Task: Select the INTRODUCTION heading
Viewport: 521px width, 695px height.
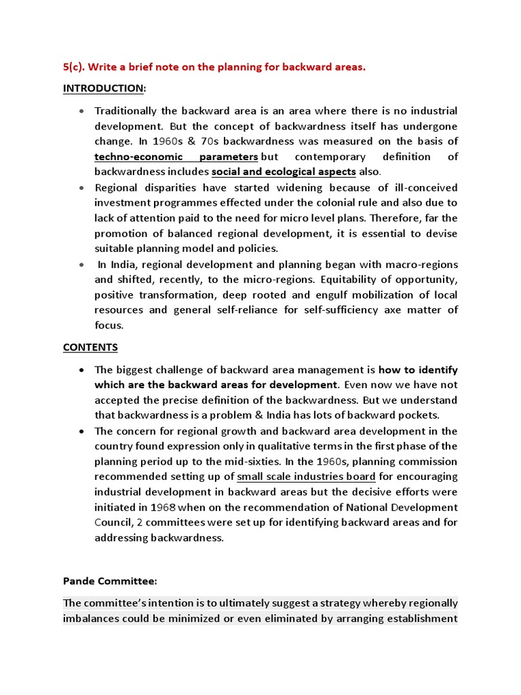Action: (104, 88)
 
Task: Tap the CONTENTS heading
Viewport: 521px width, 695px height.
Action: (90, 347)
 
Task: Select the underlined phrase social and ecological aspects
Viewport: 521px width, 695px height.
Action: (284, 172)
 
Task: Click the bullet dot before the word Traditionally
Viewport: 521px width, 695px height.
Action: (82, 111)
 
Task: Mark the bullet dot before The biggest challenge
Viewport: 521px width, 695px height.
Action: (82, 371)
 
